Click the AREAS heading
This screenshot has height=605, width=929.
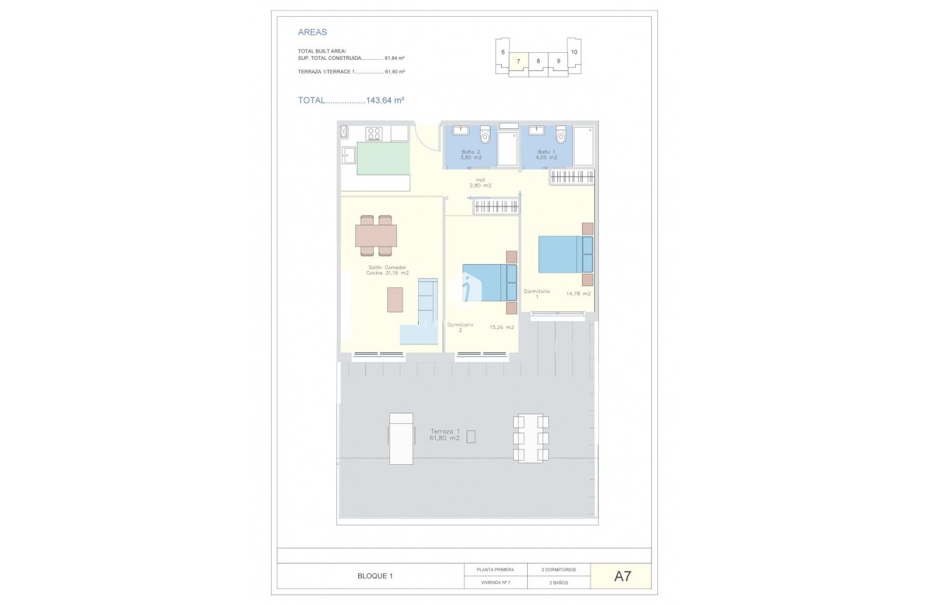(312, 32)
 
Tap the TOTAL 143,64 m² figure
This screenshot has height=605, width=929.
(350, 101)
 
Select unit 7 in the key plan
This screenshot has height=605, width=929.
(518, 61)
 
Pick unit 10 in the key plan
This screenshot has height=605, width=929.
(574, 52)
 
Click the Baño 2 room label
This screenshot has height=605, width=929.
(470, 154)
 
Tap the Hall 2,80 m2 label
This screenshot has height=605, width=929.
(481, 182)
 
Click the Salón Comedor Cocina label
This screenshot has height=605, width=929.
(387, 270)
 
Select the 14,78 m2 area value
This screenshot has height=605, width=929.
(579, 294)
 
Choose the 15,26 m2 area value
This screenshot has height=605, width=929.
(502, 327)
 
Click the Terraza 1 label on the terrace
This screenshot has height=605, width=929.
(445, 435)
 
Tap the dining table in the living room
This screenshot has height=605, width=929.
(376, 235)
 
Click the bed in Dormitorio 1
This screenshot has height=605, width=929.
(565, 254)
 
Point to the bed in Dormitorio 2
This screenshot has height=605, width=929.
(489, 282)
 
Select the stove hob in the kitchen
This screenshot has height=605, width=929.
(374, 133)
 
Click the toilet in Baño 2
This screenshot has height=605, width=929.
(484, 135)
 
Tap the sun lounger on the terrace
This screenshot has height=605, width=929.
(401, 438)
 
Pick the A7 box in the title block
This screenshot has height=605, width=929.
(622, 576)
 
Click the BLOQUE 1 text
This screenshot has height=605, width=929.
(375, 576)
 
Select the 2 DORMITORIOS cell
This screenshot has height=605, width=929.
(559, 569)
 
